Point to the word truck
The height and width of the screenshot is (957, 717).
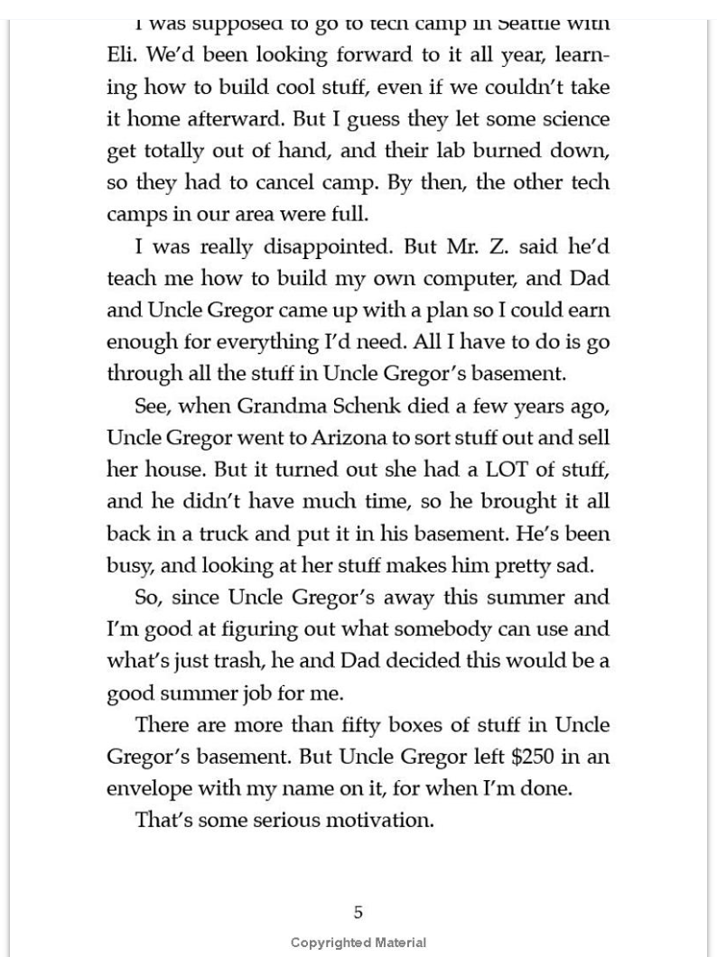coord(236,534)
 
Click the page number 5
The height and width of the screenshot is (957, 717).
coord(358,913)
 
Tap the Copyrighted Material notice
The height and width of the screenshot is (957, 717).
coord(358,943)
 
